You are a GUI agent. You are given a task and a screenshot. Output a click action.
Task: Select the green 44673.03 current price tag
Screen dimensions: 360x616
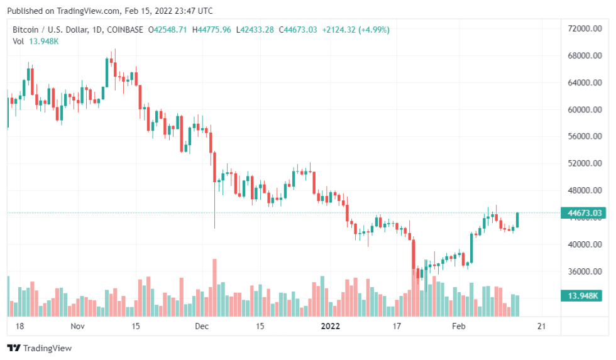pyautogui.click(x=585, y=214)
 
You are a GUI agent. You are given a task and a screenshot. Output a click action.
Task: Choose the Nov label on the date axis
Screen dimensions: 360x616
pyautogui.click(x=77, y=326)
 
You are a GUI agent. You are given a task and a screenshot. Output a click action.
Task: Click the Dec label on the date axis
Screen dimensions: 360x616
pyautogui.click(x=201, y=326)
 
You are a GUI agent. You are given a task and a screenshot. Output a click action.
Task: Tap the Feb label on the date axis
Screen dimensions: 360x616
pyautogui.click(x=459, y=326)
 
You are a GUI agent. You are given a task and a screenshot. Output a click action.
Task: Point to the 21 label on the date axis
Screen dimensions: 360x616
pyautogui.click(x=541, y=326)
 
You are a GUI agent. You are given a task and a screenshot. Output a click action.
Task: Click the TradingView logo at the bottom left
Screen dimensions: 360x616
pyautogui.click(x=39, y=348)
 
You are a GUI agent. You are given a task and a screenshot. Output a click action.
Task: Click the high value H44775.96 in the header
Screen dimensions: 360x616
pyautogui.click(x=211, y=30)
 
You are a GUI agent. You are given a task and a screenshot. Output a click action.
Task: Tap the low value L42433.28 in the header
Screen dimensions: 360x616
pyautogui.click(x=255, y=30)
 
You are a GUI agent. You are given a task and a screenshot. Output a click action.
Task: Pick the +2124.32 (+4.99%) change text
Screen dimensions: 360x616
pyautogui.click(x=355, y=30)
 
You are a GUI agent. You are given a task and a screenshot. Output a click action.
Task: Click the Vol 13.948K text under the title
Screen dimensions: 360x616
pyautogui.click(x=36, y=41)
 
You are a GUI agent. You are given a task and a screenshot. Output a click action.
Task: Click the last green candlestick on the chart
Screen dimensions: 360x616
pyautogui.click(x=517, y=220)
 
